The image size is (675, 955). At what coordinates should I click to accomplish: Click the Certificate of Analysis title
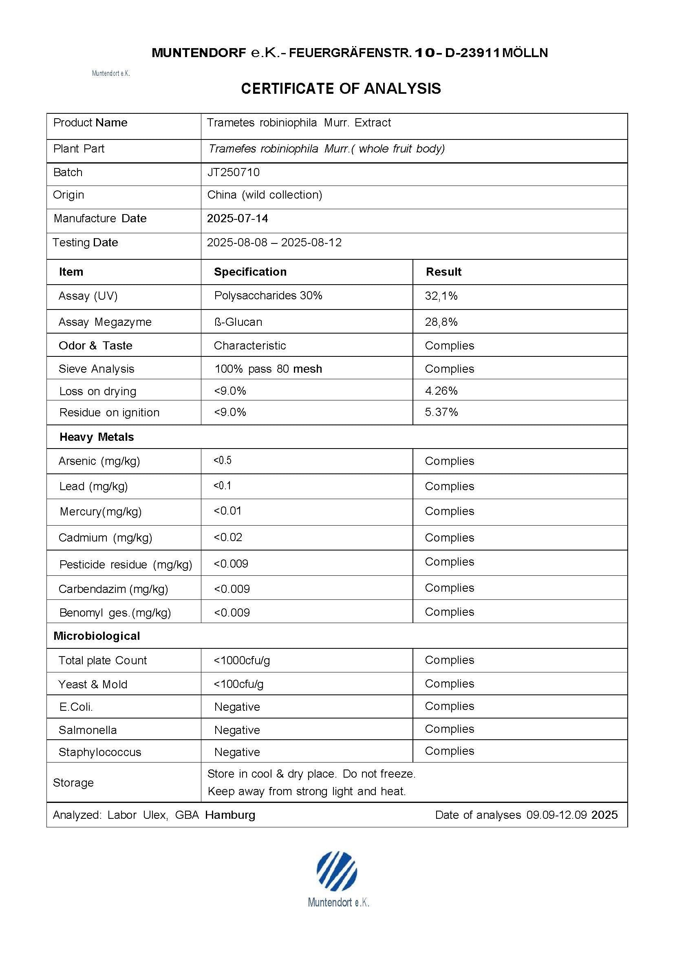click(x=341, y=88)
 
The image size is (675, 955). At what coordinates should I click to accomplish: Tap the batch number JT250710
click(x=233, y=172)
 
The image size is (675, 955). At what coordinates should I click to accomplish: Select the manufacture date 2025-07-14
click(x=238, y=219)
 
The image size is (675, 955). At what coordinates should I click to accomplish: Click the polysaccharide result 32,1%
click(x=441, y=296)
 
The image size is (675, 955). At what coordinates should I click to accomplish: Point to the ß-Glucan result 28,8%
click(x=441, y=322)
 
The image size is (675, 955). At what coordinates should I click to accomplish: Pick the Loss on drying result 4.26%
click(x=441, y=391)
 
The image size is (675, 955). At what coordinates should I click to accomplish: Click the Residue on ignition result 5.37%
click(x=441, y=412)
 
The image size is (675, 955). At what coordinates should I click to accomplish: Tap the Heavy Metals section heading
click(x=97, y=437)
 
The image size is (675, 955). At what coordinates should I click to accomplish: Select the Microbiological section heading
click(x=97, y=636)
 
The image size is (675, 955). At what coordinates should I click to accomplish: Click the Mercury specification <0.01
click(x=227, y=511)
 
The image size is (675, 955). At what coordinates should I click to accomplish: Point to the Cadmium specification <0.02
click(x=228, y=537)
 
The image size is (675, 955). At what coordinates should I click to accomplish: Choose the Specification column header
click(x=250, y=272)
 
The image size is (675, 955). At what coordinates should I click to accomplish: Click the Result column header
click(x=443, y=272)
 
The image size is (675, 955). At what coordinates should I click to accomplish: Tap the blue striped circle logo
click(x=336, y=871)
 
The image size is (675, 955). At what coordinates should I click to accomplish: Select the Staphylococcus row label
click(x=100, y=752)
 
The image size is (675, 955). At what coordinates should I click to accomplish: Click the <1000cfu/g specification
click(x=242, y=660)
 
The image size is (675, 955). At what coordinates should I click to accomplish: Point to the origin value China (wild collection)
click(x=265, y=195)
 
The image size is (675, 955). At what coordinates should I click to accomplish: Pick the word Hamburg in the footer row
click(x=230, y=815)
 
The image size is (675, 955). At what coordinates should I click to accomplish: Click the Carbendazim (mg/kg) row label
click(x=113, y=588)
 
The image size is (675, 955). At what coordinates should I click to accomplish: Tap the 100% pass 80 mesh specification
click(x=268, y=369)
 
